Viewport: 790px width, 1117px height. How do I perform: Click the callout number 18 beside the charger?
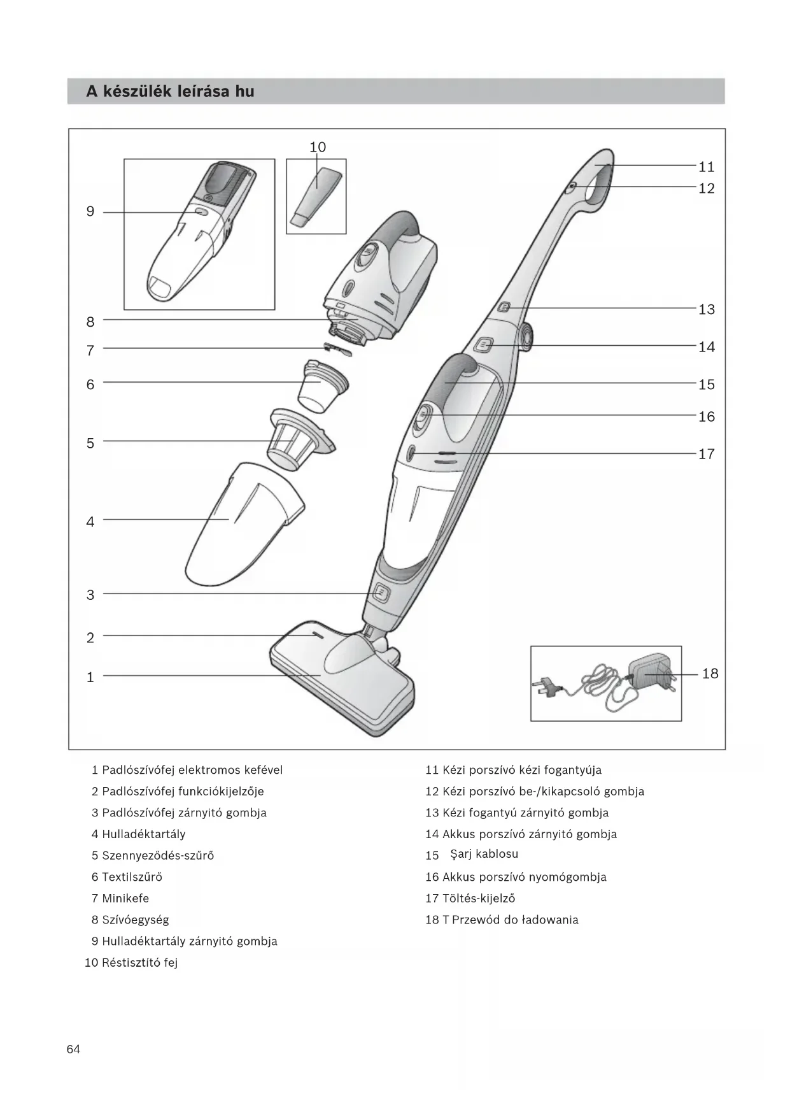coord(710,674)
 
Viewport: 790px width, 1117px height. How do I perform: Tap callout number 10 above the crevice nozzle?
coord(318,147)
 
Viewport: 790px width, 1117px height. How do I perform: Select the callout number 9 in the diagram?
coord(90,211)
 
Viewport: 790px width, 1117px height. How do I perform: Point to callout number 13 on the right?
coord(707,309)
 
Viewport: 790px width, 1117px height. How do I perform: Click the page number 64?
coord(73,1049)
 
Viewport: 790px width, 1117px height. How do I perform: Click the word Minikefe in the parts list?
coord(125,899)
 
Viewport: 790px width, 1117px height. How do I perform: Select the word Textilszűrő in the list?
coord(132,877)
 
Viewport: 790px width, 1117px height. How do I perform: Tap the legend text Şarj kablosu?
coord(484,854)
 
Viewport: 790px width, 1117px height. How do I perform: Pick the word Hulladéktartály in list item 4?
coord(144,834)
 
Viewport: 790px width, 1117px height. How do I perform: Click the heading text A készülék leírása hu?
coord(171,92)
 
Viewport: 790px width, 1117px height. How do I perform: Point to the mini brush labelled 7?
coord(337,348)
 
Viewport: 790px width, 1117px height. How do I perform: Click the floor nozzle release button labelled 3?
coord(380,594)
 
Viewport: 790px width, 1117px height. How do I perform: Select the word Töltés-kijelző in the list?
coord(479,899)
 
